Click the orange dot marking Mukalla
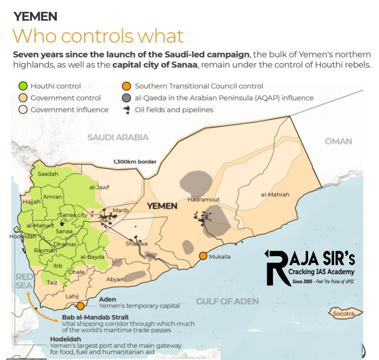[x=203, y=256]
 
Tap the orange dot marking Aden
[x=80, y=306]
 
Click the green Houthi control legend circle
[x=22, y=86]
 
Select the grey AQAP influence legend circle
[x=126, y=98]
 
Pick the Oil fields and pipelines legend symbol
[x=126, y=110]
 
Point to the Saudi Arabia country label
[x=118, y=138]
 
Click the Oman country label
[x=338, y=141]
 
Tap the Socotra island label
[x=344, y=313]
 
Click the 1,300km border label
[x=134, y=161]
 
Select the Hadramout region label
[x=203, y=200]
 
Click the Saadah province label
[x=48, y=174]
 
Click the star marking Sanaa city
[x=62, y=223]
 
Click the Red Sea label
[x=24, y=281]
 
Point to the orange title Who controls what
[x=98, y=36]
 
